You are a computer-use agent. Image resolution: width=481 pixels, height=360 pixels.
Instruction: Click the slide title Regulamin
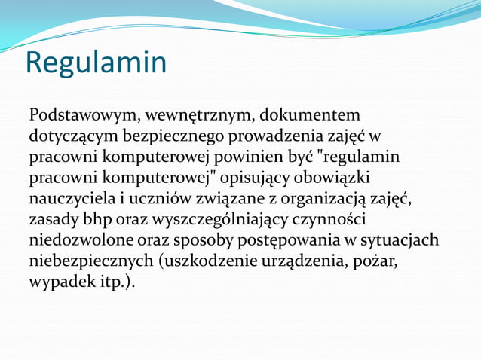95,63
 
